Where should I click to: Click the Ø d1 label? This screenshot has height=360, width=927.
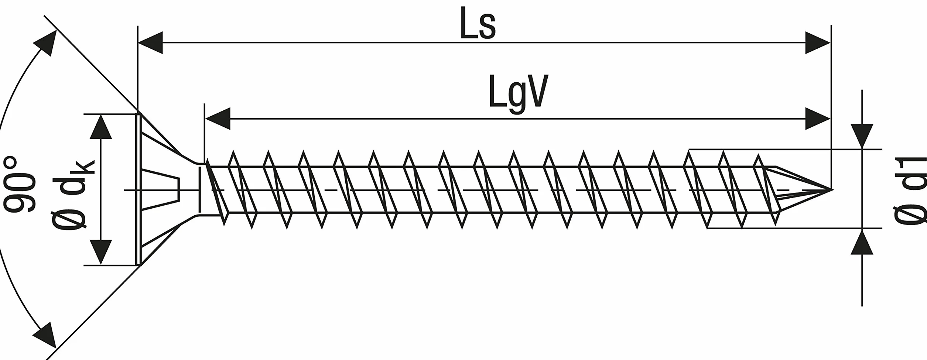click(910, 190)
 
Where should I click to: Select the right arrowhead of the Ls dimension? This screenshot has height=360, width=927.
click(818, 42)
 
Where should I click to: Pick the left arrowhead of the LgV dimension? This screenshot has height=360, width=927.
click(218, 119)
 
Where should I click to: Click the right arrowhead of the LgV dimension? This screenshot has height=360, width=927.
click(818, 119)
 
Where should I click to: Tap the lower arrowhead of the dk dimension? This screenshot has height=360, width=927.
click(101, 252)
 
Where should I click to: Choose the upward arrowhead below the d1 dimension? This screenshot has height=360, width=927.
click(862, 242)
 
